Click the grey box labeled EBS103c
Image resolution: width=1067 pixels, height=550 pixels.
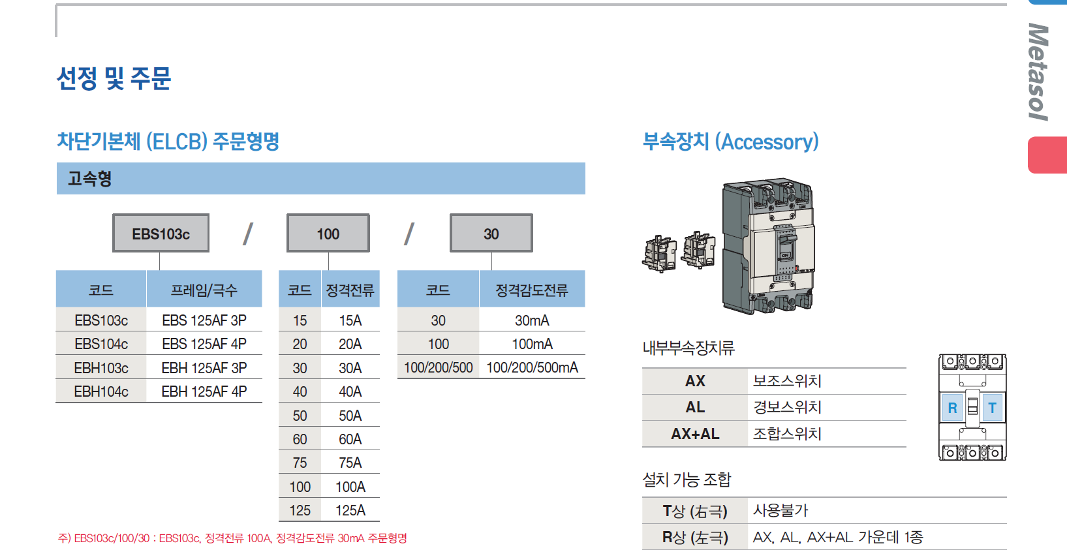coord(161,234)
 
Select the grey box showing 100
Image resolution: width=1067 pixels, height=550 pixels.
coord(328,234)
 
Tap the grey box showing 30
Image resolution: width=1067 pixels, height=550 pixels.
coord(491,234)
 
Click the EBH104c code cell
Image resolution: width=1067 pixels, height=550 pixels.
coord(101,391)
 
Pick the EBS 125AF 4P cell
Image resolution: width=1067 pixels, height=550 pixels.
coord(204,344)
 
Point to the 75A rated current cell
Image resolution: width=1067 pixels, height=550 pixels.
coord(350,463)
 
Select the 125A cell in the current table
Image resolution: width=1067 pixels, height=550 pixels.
coord(350,510)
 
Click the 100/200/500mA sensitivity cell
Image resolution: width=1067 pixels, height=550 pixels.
coord(532,367)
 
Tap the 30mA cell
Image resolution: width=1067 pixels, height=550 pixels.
coord(532,320)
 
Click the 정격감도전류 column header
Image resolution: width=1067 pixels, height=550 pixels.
coord(532,290)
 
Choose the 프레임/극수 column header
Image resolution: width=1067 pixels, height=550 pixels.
coord(204,290)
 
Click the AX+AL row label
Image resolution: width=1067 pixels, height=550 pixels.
coord(695,434)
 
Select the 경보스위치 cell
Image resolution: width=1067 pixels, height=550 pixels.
coord(787,407)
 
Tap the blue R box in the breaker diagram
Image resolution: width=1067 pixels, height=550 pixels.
coord(952,408)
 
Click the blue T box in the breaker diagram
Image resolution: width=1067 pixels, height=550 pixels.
coord(992,408)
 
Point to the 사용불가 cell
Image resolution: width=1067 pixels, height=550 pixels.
coord(781,510)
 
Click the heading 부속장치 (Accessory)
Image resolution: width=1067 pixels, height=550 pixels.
coord(730,142)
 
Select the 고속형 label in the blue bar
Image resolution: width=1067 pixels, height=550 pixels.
coord(90,178)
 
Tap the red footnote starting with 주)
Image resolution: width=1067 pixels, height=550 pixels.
coord(232,538)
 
